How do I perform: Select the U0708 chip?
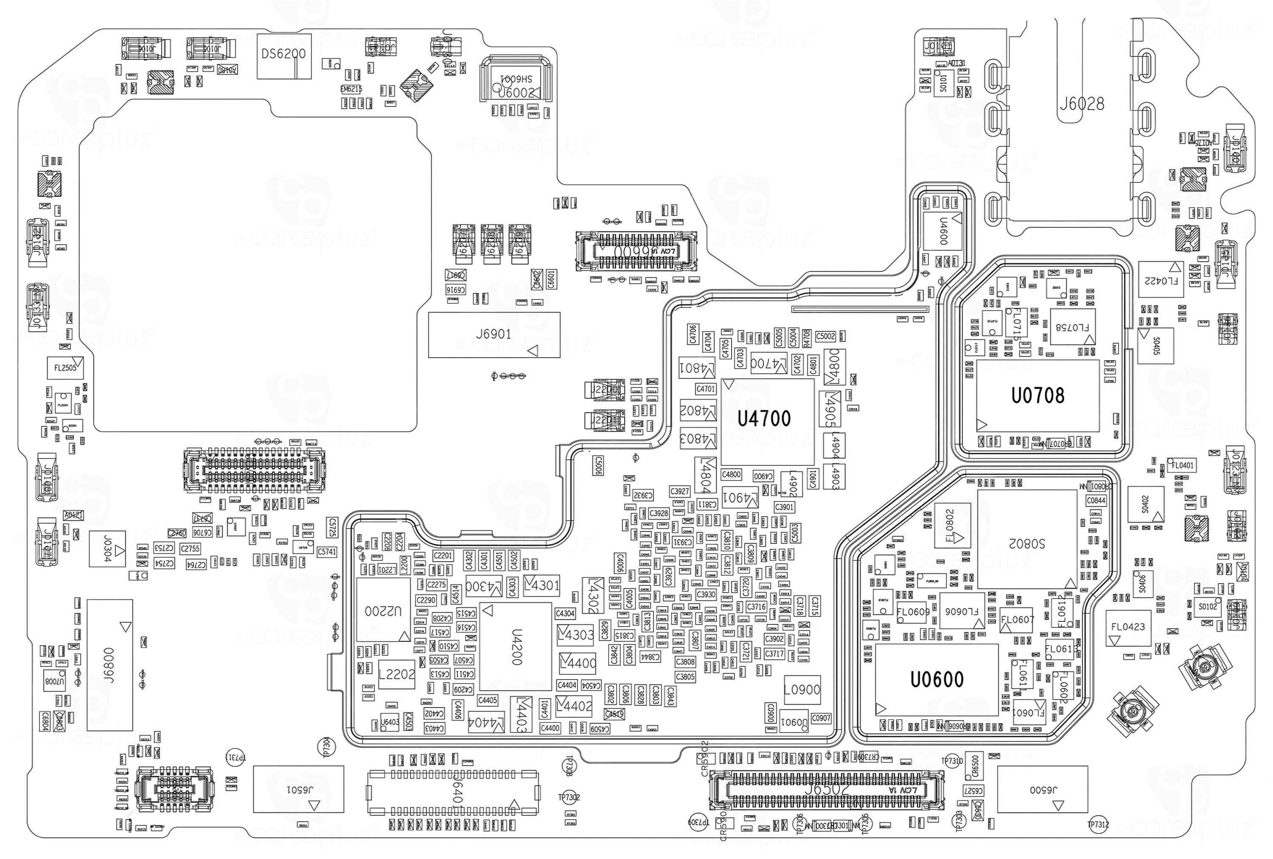[1037, 396]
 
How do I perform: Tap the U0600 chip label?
[937, 680]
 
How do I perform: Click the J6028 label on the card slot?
[1081, 104]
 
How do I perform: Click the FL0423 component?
[1128, 627]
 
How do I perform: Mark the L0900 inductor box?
[802, 690]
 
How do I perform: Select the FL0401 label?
[1183, 466]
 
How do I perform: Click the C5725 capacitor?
[332, 527]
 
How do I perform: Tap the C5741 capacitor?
[326, 552]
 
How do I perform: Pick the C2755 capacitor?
[190, 548]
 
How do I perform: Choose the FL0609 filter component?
[913, 612]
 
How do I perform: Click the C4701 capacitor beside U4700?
[706, 389]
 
